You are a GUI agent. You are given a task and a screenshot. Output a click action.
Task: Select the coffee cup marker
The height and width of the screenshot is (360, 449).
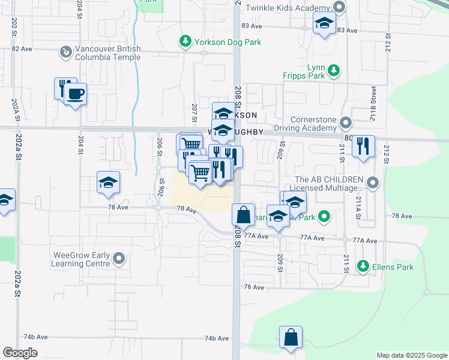(x=75, y=94)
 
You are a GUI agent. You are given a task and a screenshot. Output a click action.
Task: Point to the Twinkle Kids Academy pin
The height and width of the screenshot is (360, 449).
(x=339, y=7)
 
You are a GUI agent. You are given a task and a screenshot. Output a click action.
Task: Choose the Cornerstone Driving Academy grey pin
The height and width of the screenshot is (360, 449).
(x=346, y=124)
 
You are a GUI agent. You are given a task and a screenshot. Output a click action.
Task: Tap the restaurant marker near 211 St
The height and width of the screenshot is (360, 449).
(x=363, y=146)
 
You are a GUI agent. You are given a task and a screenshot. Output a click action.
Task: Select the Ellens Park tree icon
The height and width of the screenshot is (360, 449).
(x=363, y=265)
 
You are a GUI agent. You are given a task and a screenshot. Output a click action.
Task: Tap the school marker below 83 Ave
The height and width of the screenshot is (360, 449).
(x=325, y=24)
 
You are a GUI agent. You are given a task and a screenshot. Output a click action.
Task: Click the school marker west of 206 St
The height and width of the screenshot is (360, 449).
(x=108, y=182)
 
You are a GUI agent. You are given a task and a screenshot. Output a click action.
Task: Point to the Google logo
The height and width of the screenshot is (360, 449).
(x=20, y=353)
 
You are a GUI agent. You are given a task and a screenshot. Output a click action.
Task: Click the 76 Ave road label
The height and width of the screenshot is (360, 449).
(x=255, y=287)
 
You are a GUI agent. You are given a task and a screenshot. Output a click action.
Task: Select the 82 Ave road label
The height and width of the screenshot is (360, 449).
(x=22, y=49)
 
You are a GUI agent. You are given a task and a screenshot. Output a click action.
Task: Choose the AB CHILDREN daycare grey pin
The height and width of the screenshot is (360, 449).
(x=373, y=182)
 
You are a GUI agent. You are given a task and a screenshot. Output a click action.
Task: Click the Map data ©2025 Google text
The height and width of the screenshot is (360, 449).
(x=411, y=355)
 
